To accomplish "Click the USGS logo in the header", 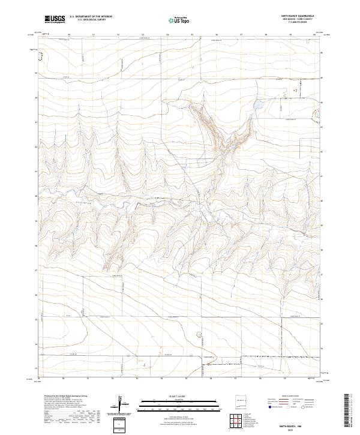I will click(x=55, y=19).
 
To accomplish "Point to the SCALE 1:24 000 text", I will click(x=174, y=397).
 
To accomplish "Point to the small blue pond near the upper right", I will click(x=258, y=106).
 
